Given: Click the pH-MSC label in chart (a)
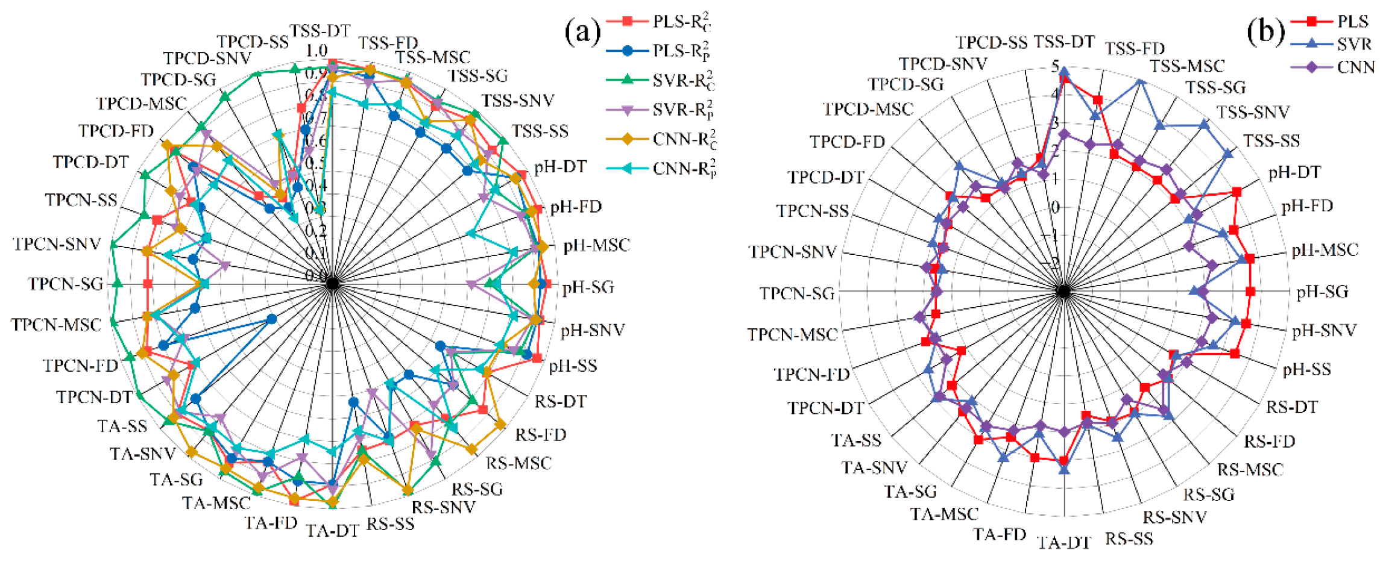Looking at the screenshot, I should [596, 245].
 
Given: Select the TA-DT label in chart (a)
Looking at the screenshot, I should [332, 531].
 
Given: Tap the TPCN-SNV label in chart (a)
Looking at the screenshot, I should [57, 244].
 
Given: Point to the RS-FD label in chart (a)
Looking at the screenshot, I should [540, 434].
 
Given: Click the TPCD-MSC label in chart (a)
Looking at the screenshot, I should [141, 104].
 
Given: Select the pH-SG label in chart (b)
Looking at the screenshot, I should [1322, 292].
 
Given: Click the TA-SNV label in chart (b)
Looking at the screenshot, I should [874, 467].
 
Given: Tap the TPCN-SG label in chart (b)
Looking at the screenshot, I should [796, 293].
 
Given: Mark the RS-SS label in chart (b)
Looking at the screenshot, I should [1129, 538].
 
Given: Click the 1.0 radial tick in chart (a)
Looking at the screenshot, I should [317, 51].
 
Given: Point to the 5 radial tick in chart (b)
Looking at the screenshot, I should [1055, 66].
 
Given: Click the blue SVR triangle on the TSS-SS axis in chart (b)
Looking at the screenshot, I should [1227, 154].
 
